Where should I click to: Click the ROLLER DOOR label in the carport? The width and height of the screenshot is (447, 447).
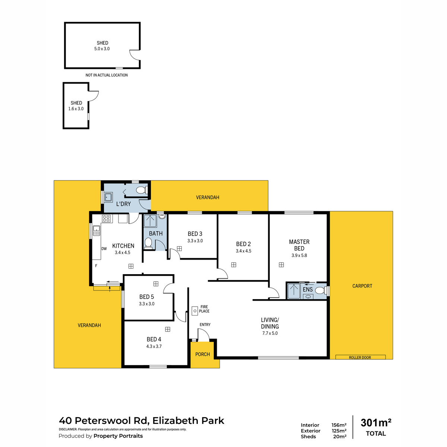point(360,358)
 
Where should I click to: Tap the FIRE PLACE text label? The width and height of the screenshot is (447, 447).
point(204,309)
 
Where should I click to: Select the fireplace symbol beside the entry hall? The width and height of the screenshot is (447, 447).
point(194,310)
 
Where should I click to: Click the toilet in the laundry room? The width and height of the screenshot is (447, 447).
point(140,190)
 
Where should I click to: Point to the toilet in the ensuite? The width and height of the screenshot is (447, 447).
point(320,290)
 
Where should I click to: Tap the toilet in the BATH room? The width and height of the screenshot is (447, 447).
point(148,243)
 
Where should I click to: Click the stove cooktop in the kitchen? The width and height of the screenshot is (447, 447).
point(107,219)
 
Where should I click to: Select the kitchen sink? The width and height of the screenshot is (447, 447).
point(96,231)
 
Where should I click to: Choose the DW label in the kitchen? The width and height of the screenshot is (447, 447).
point(104,249)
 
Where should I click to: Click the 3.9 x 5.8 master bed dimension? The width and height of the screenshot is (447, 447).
point(299,256)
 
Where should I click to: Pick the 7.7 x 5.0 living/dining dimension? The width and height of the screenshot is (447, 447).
point(270,333)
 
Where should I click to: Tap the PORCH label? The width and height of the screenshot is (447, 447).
point(203,354)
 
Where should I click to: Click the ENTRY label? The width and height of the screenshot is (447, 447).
point(205,325)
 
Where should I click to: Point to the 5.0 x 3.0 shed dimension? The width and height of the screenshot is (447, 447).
point(102,49)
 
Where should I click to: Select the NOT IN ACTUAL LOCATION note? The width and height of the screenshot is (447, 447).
point(107,75)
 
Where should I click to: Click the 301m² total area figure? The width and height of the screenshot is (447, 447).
point(376,423)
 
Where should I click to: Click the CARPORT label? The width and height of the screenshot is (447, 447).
point(362,286)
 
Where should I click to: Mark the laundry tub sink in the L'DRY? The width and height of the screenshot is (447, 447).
point(108,197)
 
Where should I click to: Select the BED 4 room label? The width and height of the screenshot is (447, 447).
point(154,339)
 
